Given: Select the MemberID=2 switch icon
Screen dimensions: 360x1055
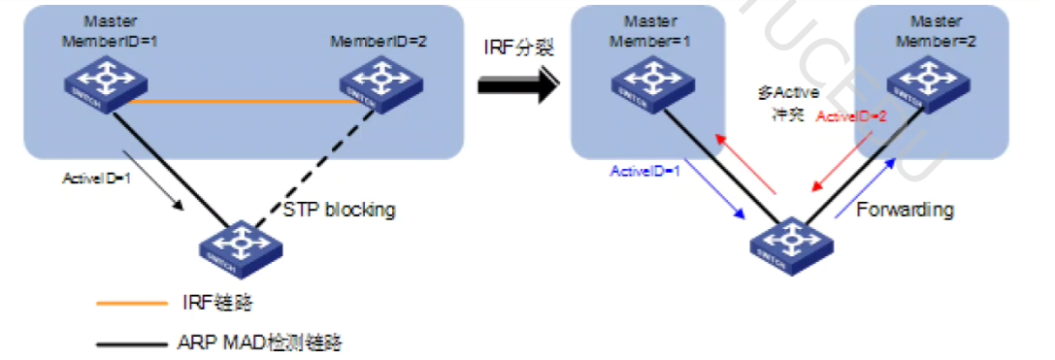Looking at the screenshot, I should pos(373,81).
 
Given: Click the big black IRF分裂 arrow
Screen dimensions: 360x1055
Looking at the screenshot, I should pos(519,85).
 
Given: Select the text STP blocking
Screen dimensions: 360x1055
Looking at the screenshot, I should pos(339,210).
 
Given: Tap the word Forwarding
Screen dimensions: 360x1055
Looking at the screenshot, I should pos(905,210).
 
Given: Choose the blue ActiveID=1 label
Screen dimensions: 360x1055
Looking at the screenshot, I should pos(645,172).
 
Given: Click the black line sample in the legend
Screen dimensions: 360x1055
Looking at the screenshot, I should pos(132,342).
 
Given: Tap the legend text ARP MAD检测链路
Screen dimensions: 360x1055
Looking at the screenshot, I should pos(261,342).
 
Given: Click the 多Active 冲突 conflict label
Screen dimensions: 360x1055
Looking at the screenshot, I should pos(787,102).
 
